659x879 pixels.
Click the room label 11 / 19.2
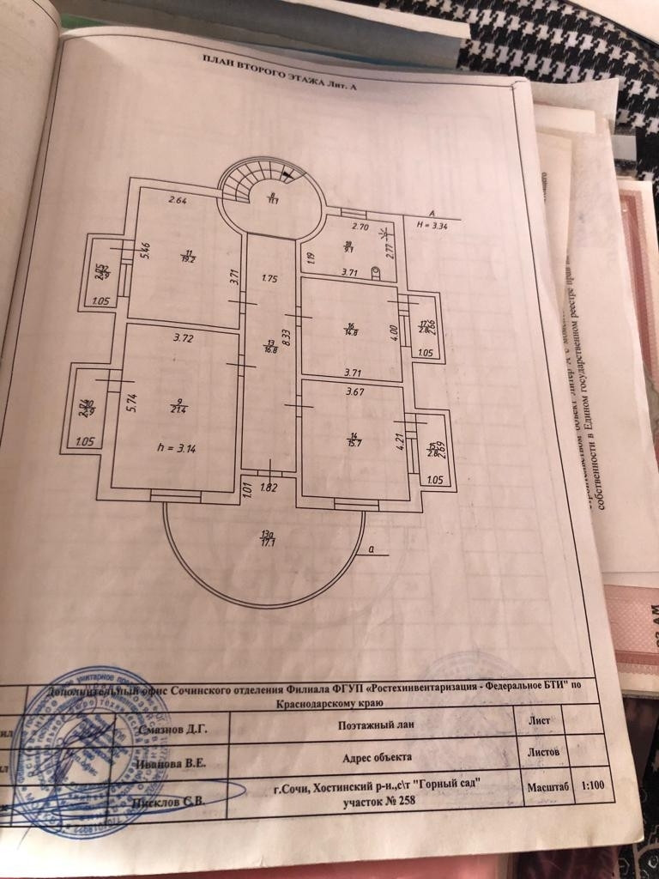point(184,254)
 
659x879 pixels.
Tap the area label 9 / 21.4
point(178,405)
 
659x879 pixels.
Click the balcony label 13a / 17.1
point(269,540)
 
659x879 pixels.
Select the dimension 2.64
point(178,202)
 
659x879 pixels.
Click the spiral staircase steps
point(250,184)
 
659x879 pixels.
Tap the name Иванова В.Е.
point(172,761)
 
